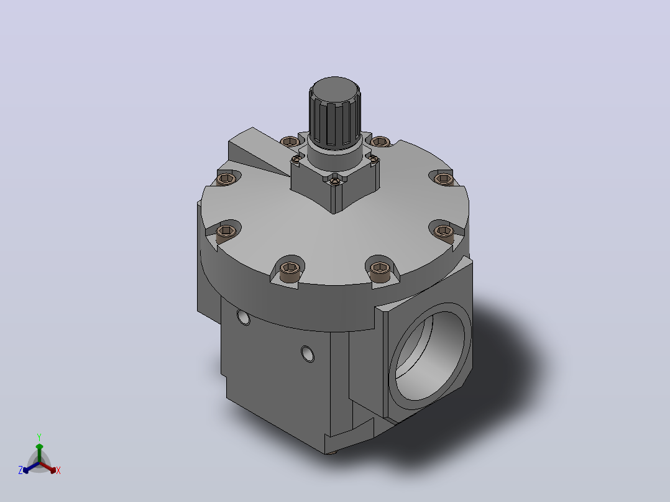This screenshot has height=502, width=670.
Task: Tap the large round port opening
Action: point(429,356)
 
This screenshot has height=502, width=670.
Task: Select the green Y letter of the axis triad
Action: point(39,437)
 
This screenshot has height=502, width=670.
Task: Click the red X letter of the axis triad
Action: point(58,470)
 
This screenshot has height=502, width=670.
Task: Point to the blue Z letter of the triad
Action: point(21,470)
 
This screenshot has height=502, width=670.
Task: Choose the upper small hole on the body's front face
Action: point(244,317)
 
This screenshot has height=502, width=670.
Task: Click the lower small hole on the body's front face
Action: point(308,354)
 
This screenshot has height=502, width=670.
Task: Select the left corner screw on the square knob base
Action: point(296,159)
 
